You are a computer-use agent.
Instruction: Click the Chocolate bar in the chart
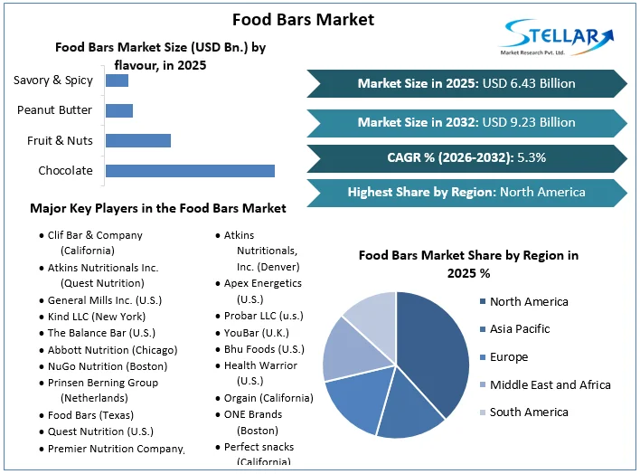coord(190,170)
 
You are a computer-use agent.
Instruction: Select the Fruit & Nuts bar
coord(138,140)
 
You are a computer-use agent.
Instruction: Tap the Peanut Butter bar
coord(119,110)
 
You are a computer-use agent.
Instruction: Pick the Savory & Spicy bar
coord(117,81)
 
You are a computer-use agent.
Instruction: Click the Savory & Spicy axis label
coord(53,81)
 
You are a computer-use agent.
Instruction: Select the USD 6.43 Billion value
coord(530,83)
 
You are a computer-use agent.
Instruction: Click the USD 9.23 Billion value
coord(530,122)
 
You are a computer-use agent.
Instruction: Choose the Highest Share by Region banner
coord(466,192)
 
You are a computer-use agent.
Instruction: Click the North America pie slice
coord(432,348)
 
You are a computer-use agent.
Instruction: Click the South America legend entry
coord(529,412)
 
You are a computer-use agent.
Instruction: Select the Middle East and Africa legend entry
coord(550,384)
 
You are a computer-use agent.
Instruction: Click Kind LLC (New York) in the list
coord(96,317)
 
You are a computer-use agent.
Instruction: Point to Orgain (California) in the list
coord(268,398)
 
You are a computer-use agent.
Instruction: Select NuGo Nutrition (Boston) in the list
coord(108,366)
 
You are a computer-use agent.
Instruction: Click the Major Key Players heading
coord(158,208)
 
